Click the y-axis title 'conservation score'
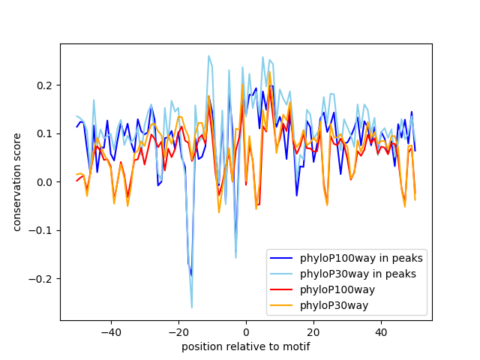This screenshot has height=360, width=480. tap(17, 182)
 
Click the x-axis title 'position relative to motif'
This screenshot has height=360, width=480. tap(245, 346)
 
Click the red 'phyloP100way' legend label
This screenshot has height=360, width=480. tap(337, 289)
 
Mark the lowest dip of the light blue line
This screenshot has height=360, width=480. tap(191, 307)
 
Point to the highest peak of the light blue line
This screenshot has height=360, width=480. tap(208, 55)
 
